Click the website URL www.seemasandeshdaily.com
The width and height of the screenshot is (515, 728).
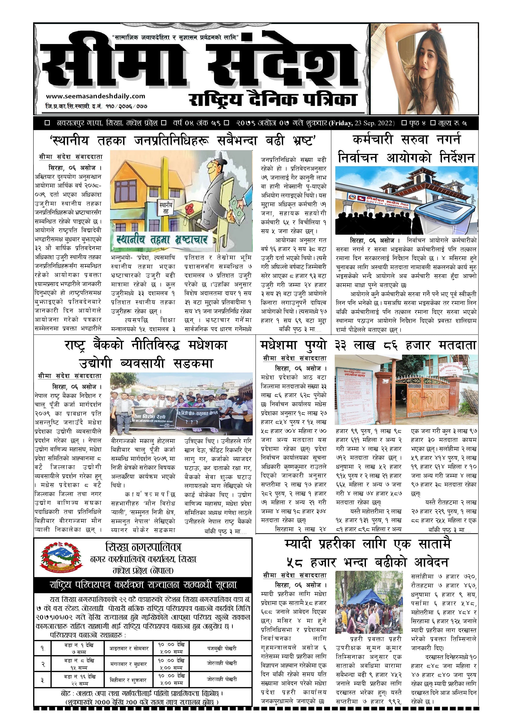[x=96, y=96]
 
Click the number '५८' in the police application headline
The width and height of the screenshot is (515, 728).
[x=295, y=562]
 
